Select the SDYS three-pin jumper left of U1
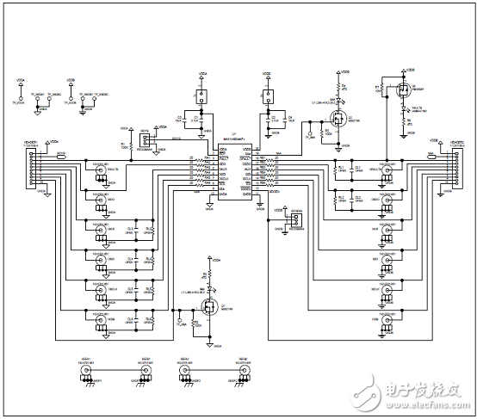147,141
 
